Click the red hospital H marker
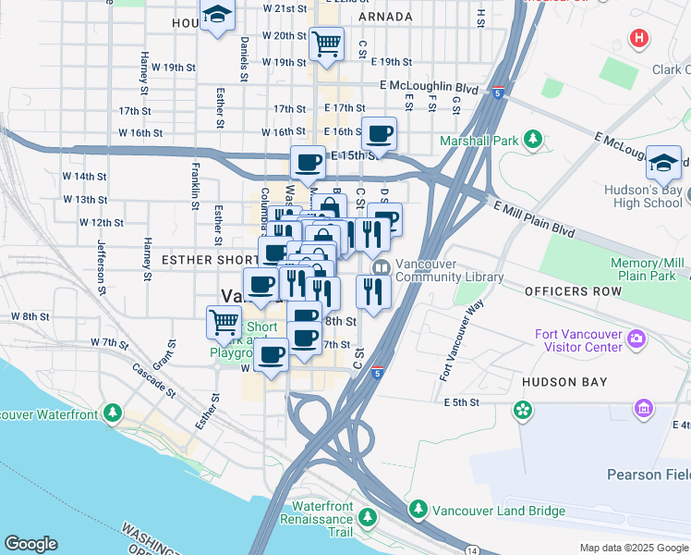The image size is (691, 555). pyautogui.click(x=637, y=39)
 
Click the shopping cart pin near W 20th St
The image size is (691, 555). pyautogui.click(x=326, y=43)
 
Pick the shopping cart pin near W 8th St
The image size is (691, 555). pyautogui.click(x=224, y=322)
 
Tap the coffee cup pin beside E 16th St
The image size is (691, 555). pyautogui.click(x=379, y=133)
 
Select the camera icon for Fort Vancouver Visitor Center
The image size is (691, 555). pyautogui.click(x=636, y=339)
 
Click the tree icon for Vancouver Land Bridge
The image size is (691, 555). pyautogui.click(x=418, y=510)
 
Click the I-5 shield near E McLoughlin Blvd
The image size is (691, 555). pyautogui.click(x=499, y=92)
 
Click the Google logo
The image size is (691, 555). pyautogui.click(x=30, y=544)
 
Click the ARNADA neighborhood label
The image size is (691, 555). pyautogui.click(x=384, y=17)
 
